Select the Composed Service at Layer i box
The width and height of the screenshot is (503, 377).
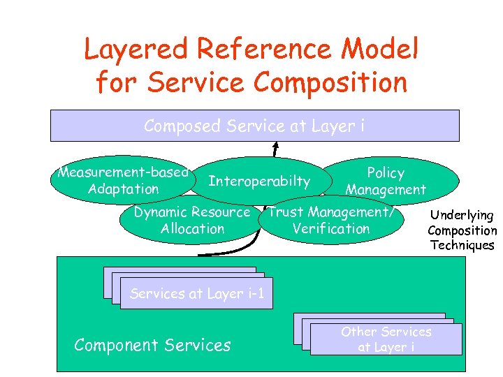254,126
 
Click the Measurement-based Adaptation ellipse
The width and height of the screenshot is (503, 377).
123,180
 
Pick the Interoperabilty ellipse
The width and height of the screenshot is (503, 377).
259,182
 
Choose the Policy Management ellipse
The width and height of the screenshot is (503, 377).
386,181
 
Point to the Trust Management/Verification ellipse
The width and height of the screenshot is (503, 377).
331,221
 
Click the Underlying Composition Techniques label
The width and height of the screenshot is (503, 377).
462,230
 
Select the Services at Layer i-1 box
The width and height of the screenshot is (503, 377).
196,294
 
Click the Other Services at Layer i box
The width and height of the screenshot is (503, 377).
386,339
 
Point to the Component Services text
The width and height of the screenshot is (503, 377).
152,345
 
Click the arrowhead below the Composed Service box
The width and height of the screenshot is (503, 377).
276,147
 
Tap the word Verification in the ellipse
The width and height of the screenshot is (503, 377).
331,229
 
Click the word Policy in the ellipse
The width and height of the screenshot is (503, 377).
386,172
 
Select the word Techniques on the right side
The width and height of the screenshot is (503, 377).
462,245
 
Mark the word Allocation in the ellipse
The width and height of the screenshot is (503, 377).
192,229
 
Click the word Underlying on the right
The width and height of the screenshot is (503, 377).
462,216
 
